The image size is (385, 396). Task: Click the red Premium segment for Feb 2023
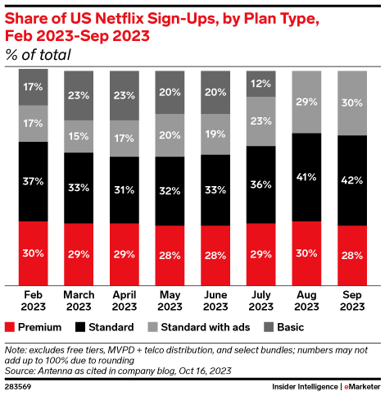pyautogui.click(x=34, y=252)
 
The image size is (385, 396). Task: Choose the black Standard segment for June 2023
pyautogui.click(x=215, y=189)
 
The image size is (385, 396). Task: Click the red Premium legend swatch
pyautogui.click(x=10, y=327)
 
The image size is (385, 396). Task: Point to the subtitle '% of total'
pyautogui.click(x=38, y=56)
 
